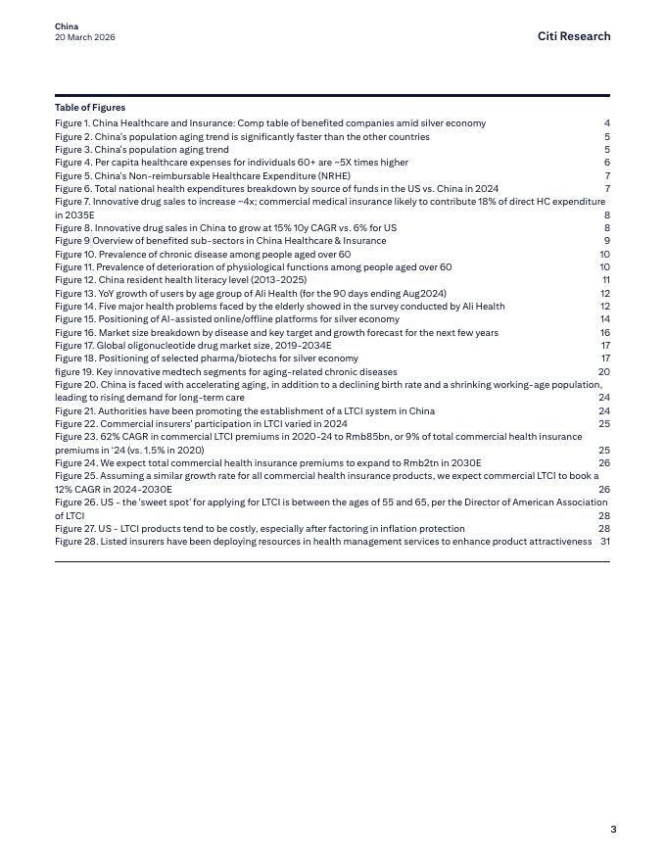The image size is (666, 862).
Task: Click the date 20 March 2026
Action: (x=85, y=37)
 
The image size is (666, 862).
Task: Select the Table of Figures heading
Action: (x=90, y=108)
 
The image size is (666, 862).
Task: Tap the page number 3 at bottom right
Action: (x=613, y=830)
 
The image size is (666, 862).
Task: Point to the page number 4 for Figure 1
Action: (x=607, y=123)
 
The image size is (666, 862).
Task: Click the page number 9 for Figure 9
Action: (x=607, y=241)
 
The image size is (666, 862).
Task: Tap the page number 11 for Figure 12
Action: (x=606, y=280)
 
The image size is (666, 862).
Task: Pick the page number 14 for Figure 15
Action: (x=605, y=319)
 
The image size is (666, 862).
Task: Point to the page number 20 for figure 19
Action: (x=604, y=372)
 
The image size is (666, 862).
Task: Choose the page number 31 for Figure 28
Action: (x=605, y=542)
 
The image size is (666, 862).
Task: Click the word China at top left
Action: (x=67, y=26)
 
